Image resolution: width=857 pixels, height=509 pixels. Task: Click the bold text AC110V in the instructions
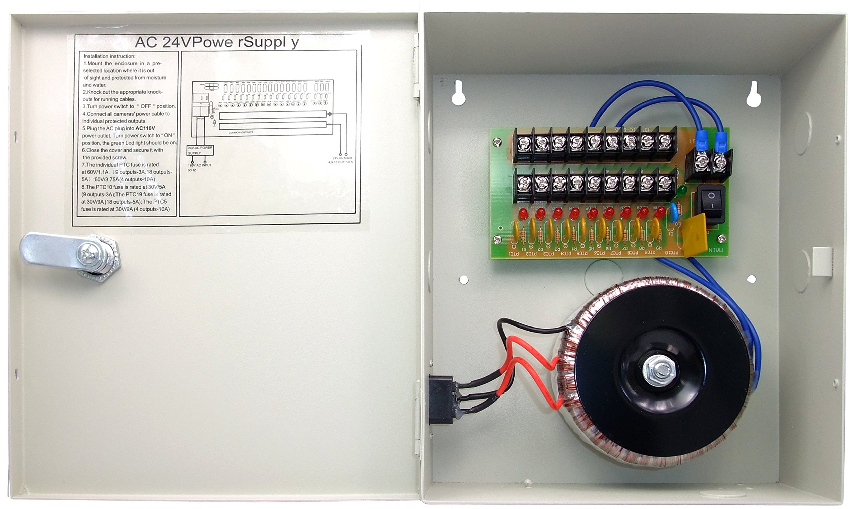(145, 128)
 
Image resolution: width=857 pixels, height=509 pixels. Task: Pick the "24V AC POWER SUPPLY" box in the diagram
(200, 150)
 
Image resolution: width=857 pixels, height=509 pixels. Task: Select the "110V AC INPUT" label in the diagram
(200, 165)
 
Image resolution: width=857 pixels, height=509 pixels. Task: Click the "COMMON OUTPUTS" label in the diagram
(241, 132)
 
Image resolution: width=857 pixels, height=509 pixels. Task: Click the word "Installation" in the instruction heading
(96, 56)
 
